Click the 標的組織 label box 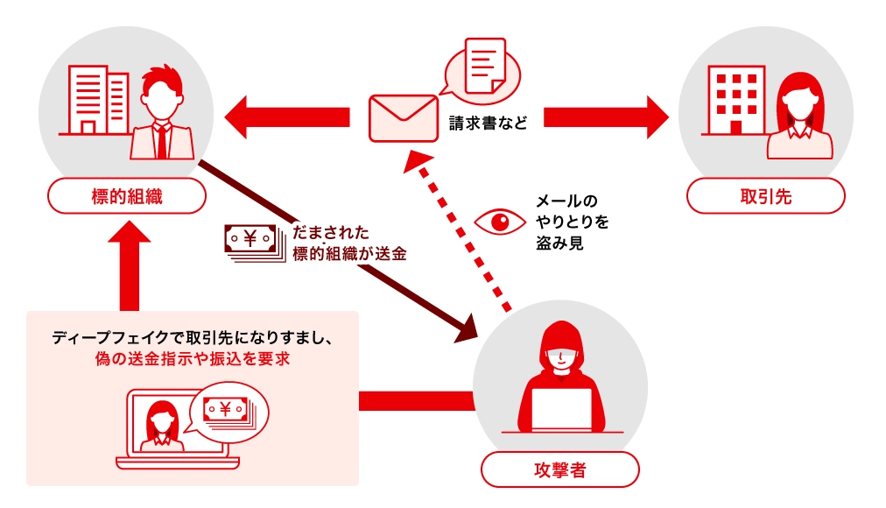[x=127, y=196]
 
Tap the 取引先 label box [x=765, y=196]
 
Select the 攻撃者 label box [x=559, y=469]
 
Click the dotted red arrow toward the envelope [x=464, y=232]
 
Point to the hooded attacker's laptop [x=559, y=407]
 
